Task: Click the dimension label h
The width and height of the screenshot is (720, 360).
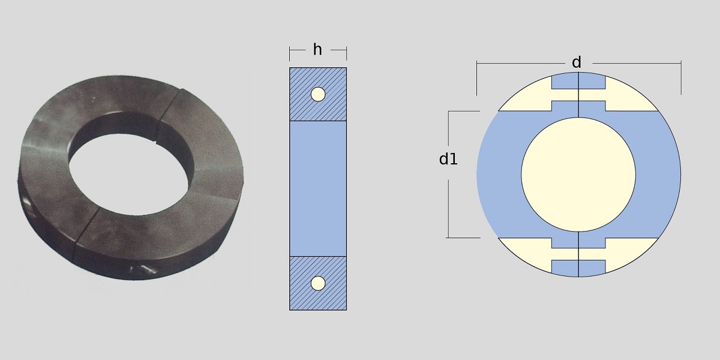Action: (317, 50)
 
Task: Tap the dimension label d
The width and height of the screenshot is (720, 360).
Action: (577, 62)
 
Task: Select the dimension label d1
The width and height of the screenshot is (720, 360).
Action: (448, 159)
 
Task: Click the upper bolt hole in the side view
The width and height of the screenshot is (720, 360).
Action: (318, 94)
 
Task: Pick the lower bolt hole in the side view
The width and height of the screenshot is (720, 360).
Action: (318, 283)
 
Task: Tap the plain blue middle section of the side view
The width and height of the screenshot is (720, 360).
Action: (318, 188)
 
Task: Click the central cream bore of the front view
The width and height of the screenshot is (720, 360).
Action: (578, 175)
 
